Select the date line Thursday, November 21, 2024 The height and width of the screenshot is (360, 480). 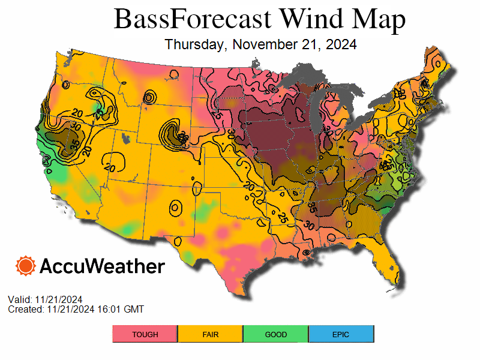(x=260, y=44)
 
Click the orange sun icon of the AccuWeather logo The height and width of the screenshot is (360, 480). (x=26, y=266)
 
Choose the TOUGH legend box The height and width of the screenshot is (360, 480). (x=145, y=334)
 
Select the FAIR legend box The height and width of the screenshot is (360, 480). (x=210, y=334)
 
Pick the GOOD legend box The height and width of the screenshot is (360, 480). (x=275, y=334)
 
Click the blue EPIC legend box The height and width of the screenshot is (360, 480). (x=341, y=334)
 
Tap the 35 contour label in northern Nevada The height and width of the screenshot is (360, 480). (x=74, y=144)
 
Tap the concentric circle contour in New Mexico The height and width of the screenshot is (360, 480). (x=175, y=208)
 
